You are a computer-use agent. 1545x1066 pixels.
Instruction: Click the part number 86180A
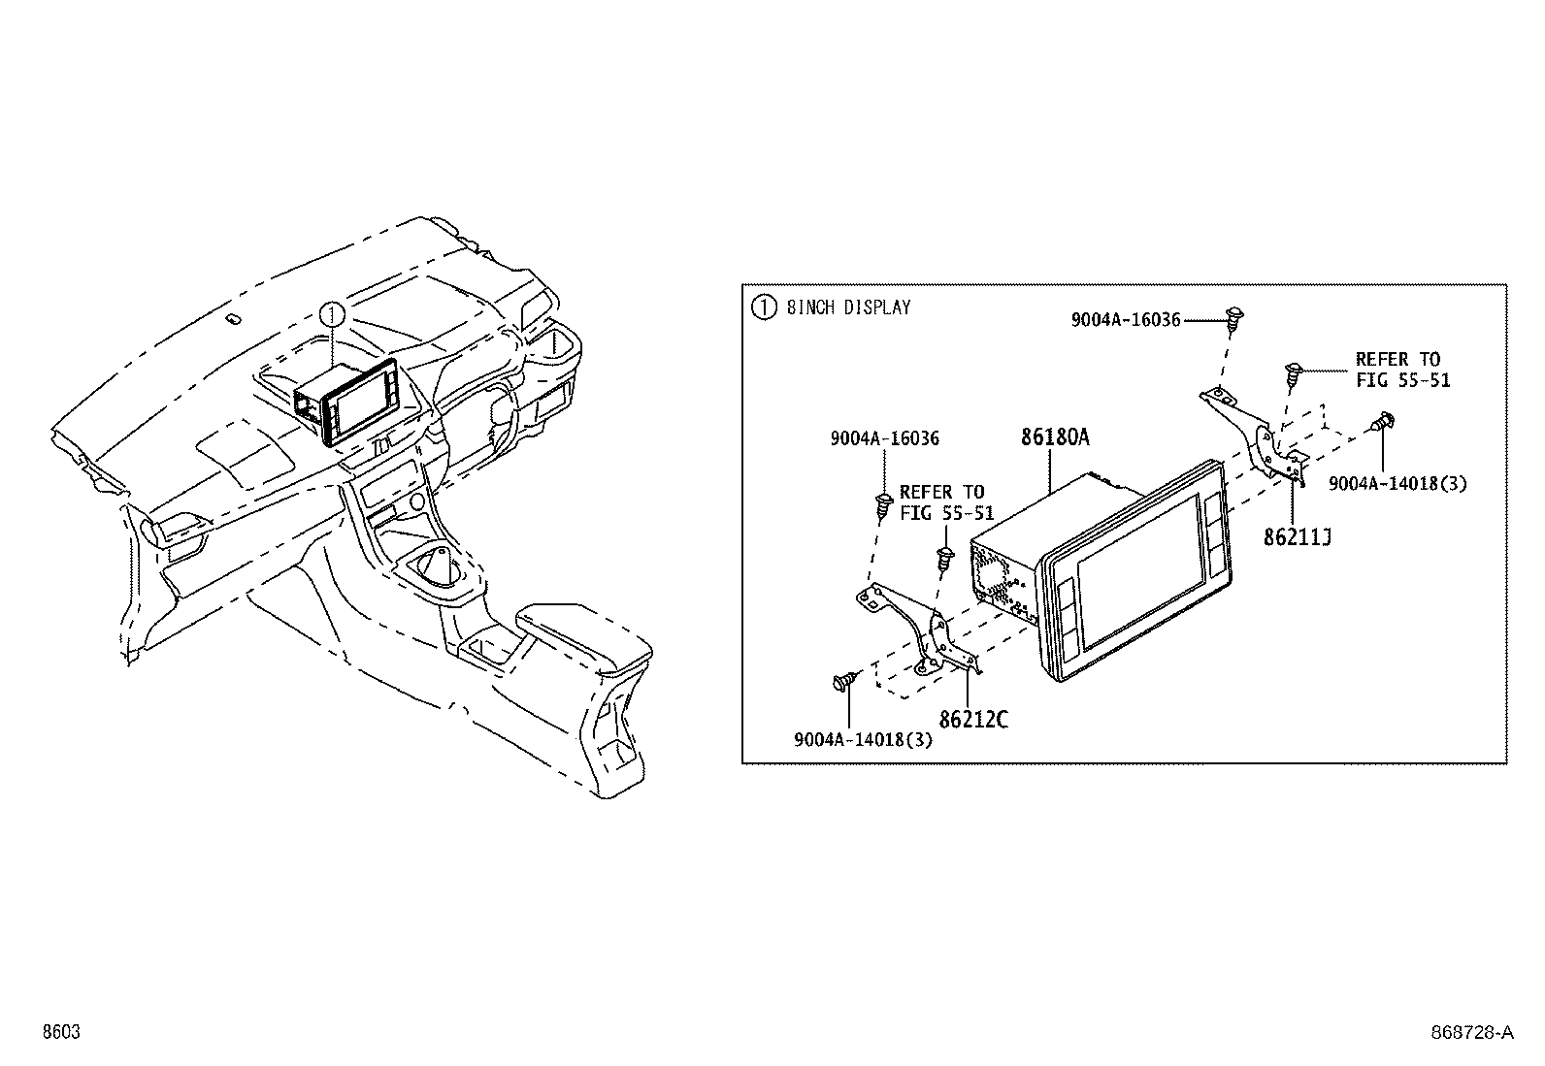click(x=1054, y=437)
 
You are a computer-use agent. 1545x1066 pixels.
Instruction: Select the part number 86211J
click(x=1296, y=536)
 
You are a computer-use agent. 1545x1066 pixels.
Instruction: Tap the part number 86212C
click(x=973, y=719)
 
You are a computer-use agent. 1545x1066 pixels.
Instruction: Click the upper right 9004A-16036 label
click(x=1125, y=319)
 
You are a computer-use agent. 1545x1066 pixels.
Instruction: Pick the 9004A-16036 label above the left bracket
click(x=884, y=438)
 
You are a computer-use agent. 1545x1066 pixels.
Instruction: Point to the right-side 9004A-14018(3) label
click(x=1397, y=483)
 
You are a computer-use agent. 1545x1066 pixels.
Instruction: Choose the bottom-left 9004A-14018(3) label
click(x=863, y=740)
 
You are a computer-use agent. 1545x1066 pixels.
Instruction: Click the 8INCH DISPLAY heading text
click(x=848, y=308)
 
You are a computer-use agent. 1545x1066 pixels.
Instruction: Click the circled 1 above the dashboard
click(x=332, y=314)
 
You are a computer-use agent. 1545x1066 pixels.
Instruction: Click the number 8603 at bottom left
click(x=60, y=1033)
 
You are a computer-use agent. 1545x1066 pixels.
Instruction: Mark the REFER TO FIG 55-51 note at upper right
click(x=1401, y=370)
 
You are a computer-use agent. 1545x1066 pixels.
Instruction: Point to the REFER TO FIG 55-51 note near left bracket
click(x=940, y=502)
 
